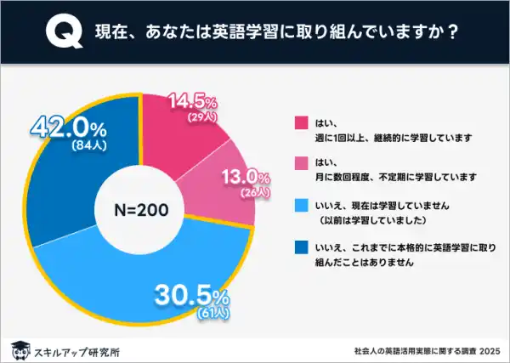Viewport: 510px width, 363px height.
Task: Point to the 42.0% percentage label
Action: click(68, 128)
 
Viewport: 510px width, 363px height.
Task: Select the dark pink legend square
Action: click(299, 122)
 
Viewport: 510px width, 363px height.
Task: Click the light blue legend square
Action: click(299, 205)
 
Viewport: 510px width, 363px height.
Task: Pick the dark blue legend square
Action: click(299, 248)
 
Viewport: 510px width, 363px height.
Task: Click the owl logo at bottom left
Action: click(19, 349)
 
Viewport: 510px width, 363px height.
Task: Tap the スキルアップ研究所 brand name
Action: click(76, 349)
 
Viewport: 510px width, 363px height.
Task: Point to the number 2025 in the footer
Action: click(490, 349)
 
